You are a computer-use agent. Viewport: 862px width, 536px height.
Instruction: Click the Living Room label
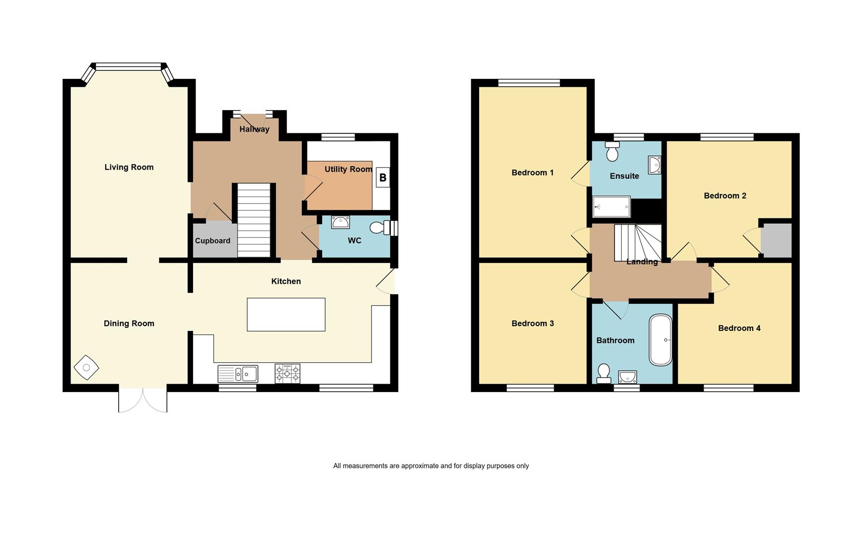(129, 167)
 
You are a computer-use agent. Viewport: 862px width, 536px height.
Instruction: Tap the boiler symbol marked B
(383, 177)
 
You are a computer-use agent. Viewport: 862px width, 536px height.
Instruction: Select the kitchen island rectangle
(286, 314)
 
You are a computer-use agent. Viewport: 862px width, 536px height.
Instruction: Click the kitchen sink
(238, 374)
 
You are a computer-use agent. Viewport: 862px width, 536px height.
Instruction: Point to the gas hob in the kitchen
(287, 374)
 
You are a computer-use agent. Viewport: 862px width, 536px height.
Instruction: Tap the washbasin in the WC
(340, 222)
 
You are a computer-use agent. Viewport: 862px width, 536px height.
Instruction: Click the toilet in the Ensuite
(612, 151)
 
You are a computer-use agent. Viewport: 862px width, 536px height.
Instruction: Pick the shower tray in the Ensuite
(612, 206)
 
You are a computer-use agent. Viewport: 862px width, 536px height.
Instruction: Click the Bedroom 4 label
(739, 328)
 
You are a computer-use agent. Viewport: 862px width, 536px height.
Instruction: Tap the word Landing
(642, 262)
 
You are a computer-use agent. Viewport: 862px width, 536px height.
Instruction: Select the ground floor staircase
(253, 220)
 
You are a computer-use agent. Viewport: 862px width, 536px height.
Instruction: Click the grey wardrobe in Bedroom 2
(777, 240)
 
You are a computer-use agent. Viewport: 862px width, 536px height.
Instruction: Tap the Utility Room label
(349, 169)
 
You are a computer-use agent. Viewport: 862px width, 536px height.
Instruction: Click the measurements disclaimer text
(431, 466)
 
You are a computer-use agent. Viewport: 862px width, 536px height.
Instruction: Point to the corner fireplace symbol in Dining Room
(86, 368)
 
